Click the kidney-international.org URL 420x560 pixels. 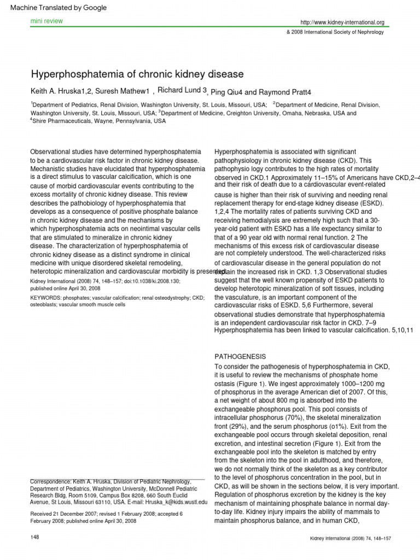point(342,22)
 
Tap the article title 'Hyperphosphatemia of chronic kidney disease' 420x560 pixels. point(137,74)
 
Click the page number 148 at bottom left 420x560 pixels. point(36,539)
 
